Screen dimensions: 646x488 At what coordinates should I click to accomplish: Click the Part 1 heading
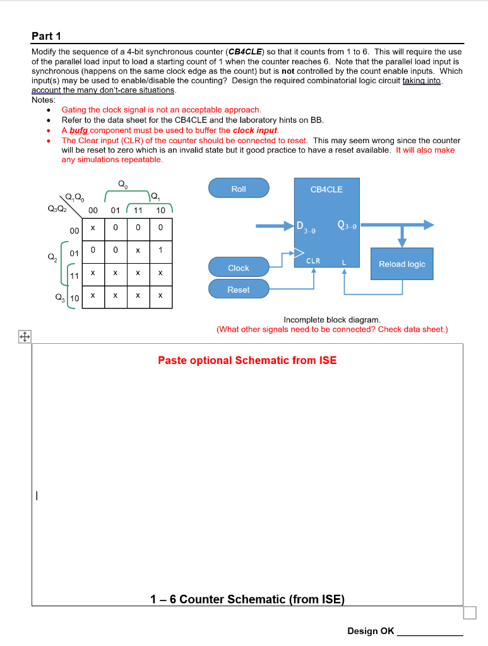[x=46, y=36]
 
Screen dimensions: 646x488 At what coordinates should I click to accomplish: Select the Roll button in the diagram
[x=239, y=188]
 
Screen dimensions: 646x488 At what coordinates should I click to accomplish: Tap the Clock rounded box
[x=239, y=267]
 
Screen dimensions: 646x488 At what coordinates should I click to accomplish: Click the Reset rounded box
[x=239, y=290]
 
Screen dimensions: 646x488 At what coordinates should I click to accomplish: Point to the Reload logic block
[x=402, y=264]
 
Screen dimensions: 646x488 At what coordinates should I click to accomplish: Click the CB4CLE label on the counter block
[x=326, y=189]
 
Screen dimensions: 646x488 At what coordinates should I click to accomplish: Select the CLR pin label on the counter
[x=313, y=261]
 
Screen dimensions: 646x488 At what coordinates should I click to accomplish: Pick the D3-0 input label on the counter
[x=306, y=226]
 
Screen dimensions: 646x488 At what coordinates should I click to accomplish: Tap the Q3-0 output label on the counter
[x=347, y=225]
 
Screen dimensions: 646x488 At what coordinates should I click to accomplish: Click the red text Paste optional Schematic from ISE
[x=247, y=360]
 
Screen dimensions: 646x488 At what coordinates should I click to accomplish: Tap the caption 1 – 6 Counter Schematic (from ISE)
[x=247, y=599]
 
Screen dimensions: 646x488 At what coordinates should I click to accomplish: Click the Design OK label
[x=371, y=631]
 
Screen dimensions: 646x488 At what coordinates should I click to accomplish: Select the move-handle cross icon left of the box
[x=26, y=338]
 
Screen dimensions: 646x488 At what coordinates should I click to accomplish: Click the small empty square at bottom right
[x=469, y=613]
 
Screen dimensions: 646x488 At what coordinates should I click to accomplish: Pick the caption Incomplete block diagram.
[x=331, y=320]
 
